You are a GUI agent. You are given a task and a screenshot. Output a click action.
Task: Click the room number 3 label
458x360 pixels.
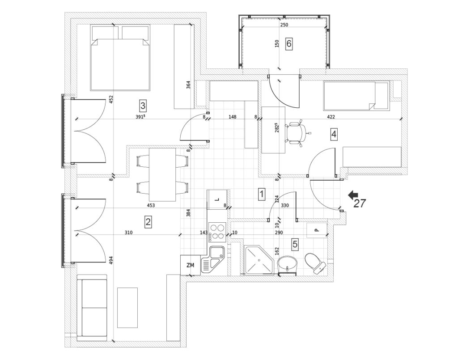(x=143, y=106)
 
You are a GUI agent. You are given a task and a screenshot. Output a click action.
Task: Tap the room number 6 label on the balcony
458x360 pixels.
(x=289, y=44)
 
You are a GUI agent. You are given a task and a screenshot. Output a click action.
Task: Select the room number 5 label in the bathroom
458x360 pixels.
(x=295, y=244)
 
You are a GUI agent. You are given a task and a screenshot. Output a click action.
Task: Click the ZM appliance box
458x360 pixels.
(x=191, y=265)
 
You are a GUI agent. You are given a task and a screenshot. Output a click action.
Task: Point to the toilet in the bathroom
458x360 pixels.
(x=315, y=264)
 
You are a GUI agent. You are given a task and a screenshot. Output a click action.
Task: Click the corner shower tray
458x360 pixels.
(x=258, y=259)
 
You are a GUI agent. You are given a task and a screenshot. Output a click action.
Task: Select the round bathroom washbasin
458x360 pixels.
(x=288, y=264)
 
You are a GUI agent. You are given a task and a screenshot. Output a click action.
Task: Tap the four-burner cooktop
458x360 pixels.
(x=217, y=232)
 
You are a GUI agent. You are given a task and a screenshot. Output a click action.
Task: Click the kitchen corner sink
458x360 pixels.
(x=212, y=260)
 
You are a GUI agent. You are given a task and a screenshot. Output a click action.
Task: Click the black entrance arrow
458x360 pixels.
(x=353, y=195)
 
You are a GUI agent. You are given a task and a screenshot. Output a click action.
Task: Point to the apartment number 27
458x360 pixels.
(x=360, y=203)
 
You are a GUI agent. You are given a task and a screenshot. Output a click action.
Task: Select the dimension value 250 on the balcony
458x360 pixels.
(x=284, y=25)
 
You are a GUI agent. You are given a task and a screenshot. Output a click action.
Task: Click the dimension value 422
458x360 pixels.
(x=331, y=117)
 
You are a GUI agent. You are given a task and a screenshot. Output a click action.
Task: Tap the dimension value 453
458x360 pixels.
(x=151, y=205)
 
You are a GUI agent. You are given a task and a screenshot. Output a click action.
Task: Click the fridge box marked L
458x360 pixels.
(x=217, y=199)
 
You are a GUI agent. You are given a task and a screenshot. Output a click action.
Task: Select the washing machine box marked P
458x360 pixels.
(x=317, y=230)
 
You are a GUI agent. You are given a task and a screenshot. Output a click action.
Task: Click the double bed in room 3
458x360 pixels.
(x=120, y=58)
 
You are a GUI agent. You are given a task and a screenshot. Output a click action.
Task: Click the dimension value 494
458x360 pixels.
(x=111, y=260)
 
